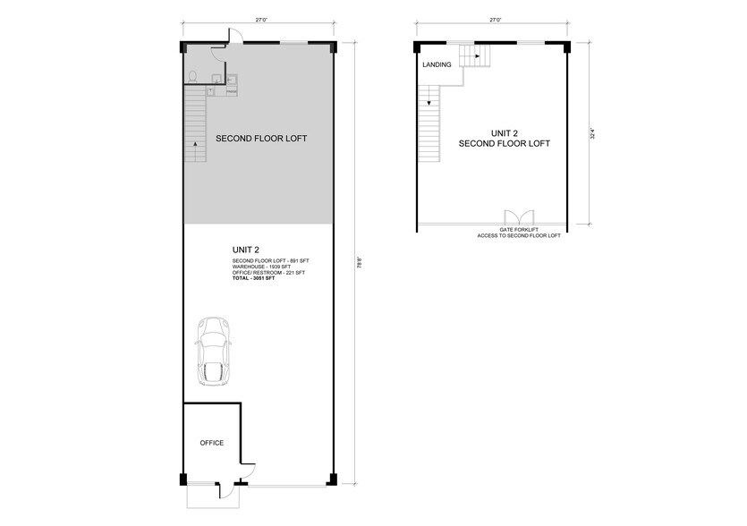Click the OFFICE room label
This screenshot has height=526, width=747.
click(x=212, y=443)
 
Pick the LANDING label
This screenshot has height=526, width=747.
click(x=437, y=64)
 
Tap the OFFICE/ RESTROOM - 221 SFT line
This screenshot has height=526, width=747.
click(x=267, y=273)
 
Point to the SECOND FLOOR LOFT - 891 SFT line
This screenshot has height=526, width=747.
click(x=270, y=259)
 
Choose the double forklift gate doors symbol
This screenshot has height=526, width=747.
click(x=518, y=217)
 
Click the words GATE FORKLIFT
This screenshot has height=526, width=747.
click(x=518, y=230)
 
